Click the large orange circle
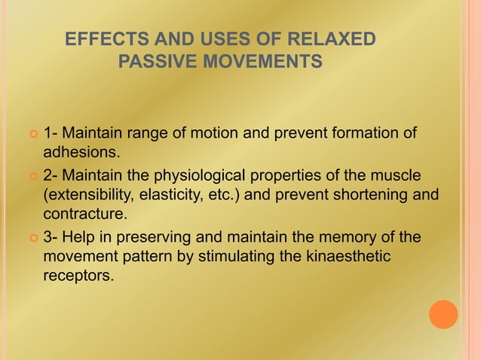(x=443, y=314)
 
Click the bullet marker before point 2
(x=32, y=177)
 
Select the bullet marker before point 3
(x=32, y=239)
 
